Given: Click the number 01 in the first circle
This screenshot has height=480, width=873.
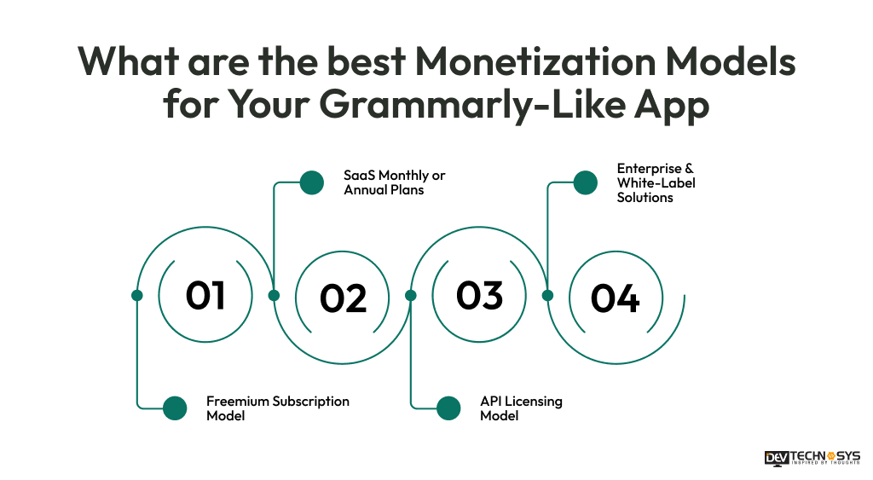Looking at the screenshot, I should pos(205,295).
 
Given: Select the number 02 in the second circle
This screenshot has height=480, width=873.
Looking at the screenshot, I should pos(343,298).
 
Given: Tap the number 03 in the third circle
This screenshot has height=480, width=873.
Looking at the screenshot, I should pos(480,295).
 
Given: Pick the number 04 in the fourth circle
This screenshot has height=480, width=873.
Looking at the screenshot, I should pos(615,298).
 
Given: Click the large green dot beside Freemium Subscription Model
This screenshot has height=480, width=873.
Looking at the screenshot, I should pos(175,408).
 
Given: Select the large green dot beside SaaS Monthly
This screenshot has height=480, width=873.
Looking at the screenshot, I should pos(312,182).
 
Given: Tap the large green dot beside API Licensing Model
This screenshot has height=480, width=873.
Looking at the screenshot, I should pos(448,408).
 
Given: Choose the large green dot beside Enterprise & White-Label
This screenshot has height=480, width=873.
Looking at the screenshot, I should pos(585,182).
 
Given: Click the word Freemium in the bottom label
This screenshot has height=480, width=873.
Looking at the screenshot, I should pos(236,402).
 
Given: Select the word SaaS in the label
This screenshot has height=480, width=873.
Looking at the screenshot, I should pos(359,176).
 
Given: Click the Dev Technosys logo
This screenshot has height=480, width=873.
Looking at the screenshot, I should pos(812,458).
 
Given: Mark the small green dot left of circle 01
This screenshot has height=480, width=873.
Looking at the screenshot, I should pos(137,295).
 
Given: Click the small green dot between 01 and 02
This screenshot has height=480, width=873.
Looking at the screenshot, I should pos(274,295).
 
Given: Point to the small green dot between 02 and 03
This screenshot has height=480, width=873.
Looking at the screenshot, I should pos(410,295).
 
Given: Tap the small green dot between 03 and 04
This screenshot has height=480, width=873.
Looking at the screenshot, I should pos(547,295).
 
